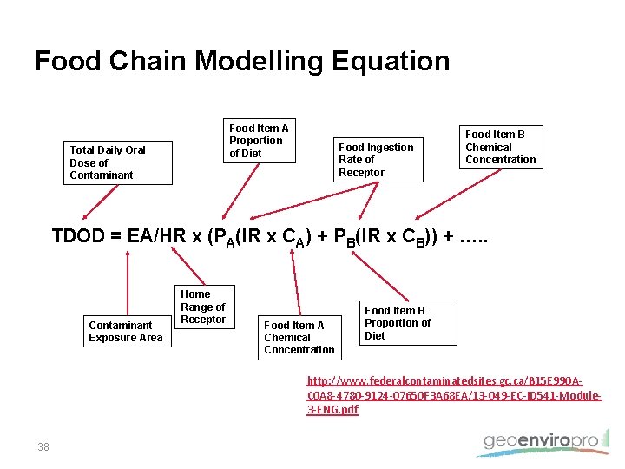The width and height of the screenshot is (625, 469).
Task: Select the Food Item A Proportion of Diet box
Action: click(x=259, y=141)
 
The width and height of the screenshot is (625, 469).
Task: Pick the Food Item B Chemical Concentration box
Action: click(x=500, y=147)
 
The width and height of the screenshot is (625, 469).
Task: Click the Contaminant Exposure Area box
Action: click(x=126, y=332)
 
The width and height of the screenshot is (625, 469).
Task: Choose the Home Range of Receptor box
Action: click(x=203, y=307)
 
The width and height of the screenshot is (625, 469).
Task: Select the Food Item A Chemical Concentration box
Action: click(x=299, y=337)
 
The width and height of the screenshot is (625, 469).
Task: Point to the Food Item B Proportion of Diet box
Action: click(x=398, y=323)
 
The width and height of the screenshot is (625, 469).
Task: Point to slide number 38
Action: click(x=43, y=447)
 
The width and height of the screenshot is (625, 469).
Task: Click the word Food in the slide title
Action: click(x=68, y=62)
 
